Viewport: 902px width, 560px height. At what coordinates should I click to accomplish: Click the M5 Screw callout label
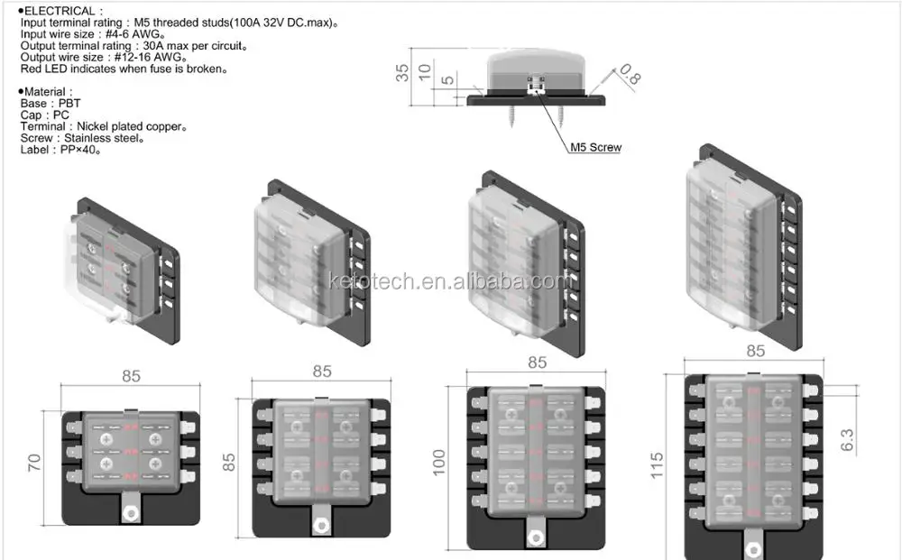pyautogui.click(x=595, y=147)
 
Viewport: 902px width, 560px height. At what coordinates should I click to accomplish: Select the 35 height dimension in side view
pyautogui.click(x=402, y=73)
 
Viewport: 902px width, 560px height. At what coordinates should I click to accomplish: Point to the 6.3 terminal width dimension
pyautogui.click(x=846, y=439)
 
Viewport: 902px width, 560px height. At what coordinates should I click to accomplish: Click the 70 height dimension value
pyautogui.click(x=33, y=464)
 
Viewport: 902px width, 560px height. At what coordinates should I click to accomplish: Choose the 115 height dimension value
pyautogui.click(x=657, y=464)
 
